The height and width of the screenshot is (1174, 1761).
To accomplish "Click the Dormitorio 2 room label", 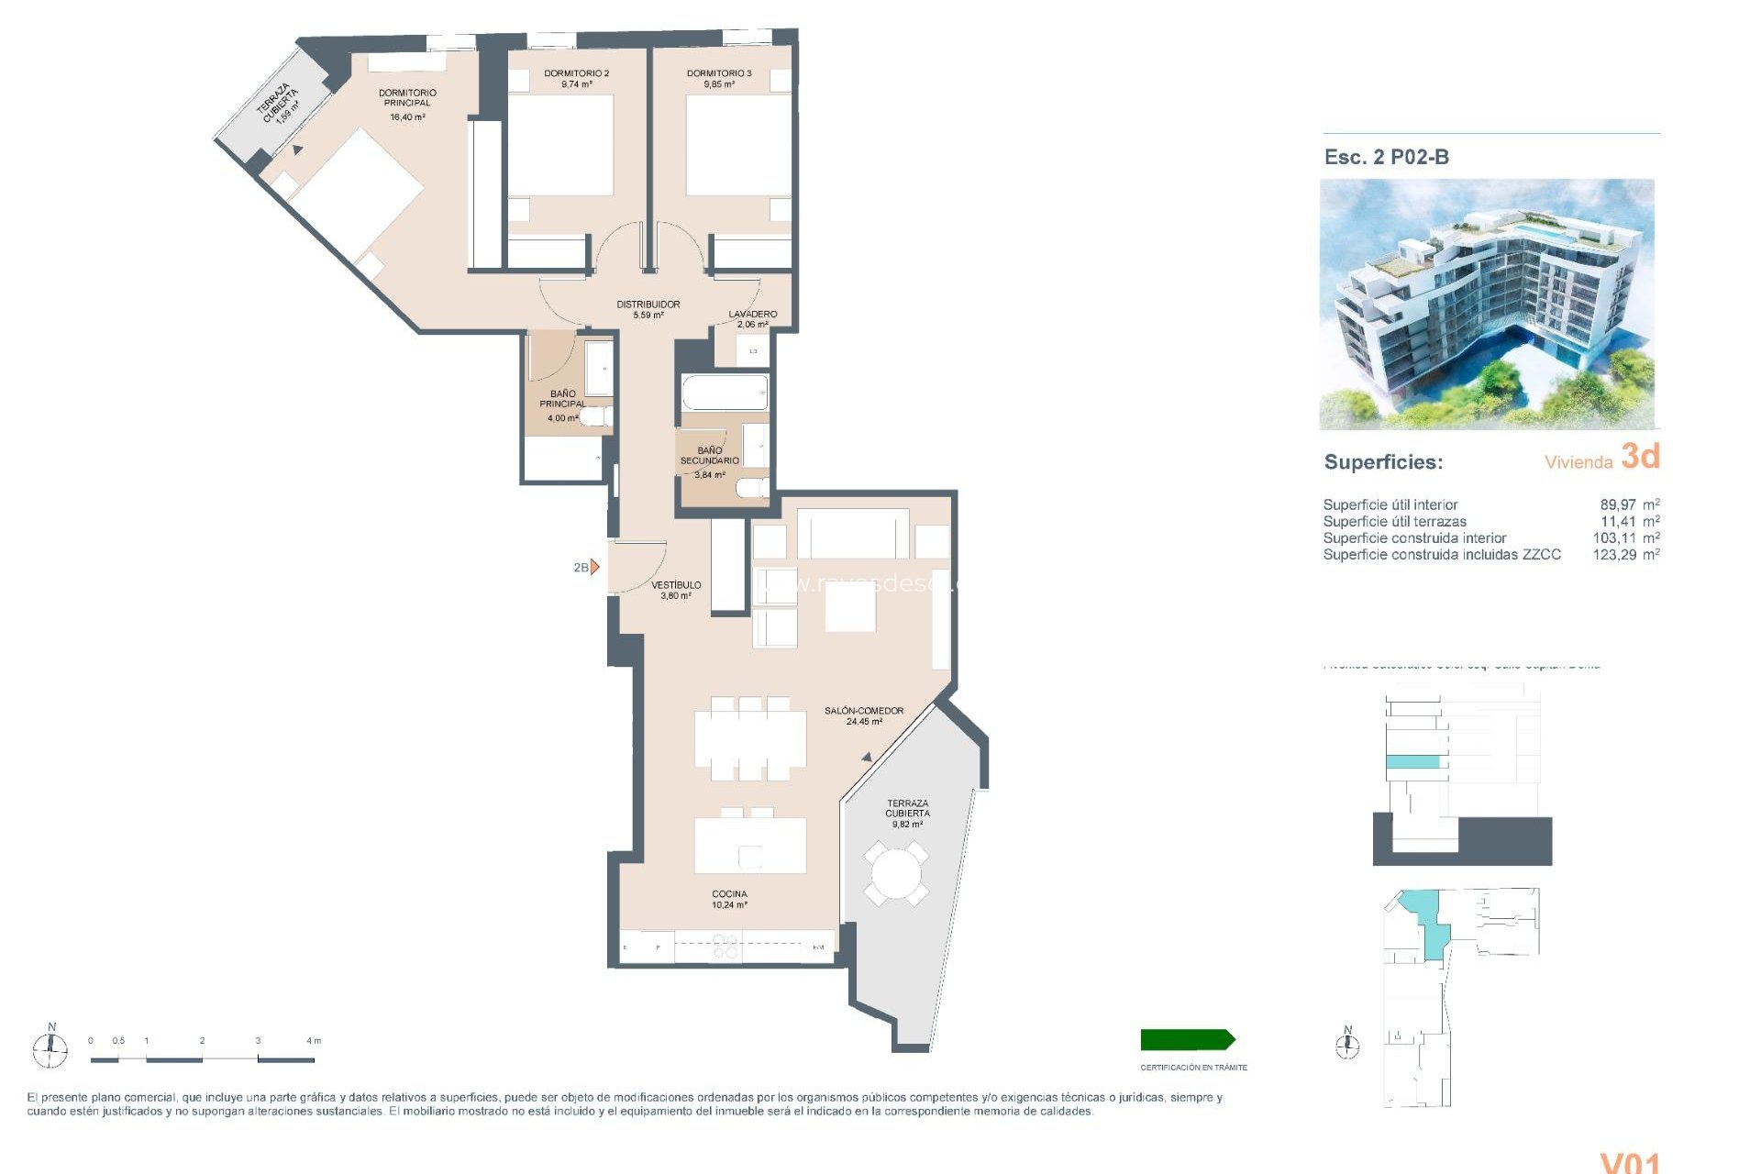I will click(576, 73).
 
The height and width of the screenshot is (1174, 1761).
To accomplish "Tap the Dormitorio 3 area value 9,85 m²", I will click(719, 84).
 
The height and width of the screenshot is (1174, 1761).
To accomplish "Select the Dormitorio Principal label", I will click(407, 97).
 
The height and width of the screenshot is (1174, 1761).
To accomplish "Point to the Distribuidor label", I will click(648, 305).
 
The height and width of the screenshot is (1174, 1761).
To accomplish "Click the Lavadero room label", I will click(752, 314).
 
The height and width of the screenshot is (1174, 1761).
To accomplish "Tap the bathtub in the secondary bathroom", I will click(724, 393).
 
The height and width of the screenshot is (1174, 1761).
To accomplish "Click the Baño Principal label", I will click(562, 399).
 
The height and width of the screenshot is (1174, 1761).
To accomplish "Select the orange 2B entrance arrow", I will click(594, 567).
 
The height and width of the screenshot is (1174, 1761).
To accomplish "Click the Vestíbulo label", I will click(676, 585).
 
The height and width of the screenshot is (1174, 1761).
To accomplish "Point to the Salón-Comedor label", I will click(863, 711).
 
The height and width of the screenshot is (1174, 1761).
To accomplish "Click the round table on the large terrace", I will click(895, 874).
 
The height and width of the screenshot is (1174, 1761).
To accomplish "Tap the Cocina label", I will click(729, 894).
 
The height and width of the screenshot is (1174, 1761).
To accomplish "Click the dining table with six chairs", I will click(749, 739).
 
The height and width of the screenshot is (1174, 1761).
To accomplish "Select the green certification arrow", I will click(1187, 1040).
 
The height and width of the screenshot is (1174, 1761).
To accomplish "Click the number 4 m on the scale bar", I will click(313, 1041).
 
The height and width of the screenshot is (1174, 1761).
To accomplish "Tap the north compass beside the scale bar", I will click(50, 1047).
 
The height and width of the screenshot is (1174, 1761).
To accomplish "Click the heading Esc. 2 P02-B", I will click(1386, 157).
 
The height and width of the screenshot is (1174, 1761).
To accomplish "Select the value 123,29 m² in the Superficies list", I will click(1624, 555).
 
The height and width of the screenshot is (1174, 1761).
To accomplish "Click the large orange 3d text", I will click(1640, 456).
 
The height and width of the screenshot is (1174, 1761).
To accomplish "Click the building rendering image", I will click(1486, 304).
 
